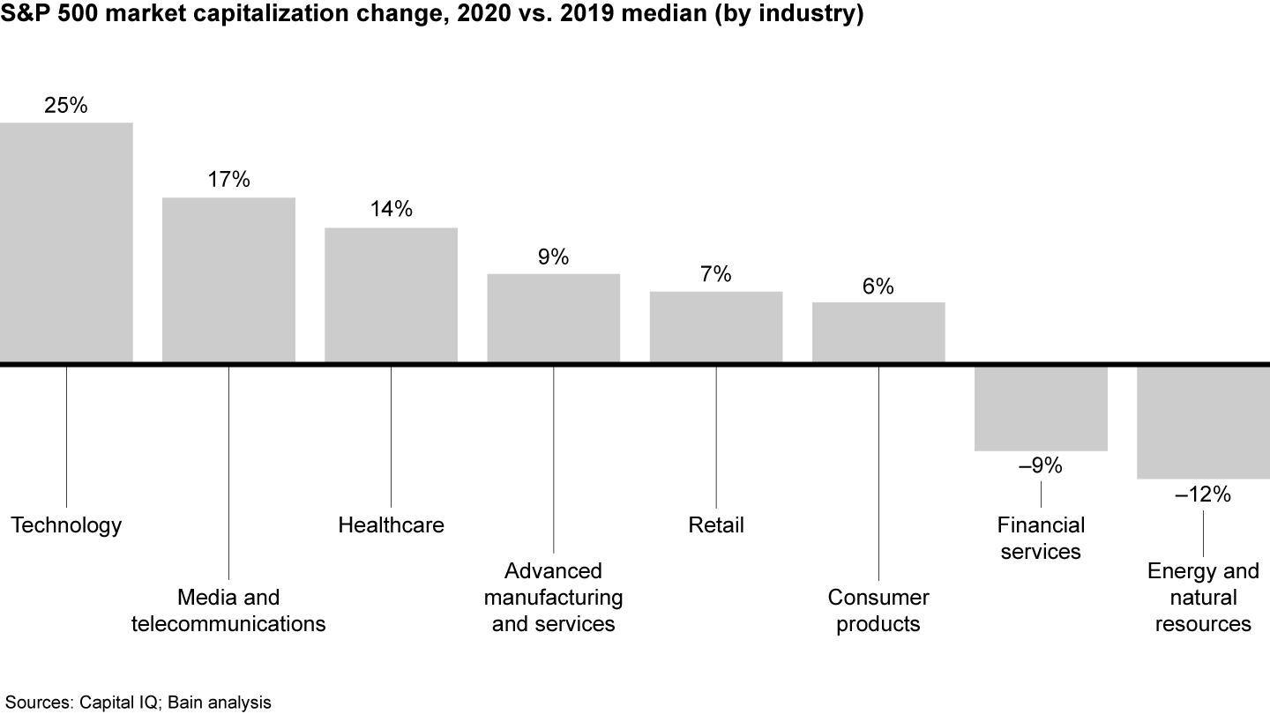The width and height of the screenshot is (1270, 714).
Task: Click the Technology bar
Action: point(66,242)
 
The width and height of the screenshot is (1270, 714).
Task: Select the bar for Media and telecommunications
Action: point(228,279)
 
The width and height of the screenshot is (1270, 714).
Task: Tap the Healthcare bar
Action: point(391,295)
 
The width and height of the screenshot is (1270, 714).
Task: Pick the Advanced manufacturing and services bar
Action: point(553,318)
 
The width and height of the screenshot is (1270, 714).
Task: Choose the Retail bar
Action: point(715,327)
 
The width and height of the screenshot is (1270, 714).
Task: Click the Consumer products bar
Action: point(878,332)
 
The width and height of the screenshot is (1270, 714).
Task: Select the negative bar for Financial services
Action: point(1041,408)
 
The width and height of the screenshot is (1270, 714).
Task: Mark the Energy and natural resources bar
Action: point(1203,422)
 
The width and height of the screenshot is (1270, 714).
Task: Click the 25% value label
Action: point(66,105)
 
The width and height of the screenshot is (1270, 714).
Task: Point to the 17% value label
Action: point(228,180)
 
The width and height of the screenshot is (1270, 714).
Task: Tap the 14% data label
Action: point(391,210)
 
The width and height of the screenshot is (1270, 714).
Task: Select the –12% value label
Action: point(1203,495)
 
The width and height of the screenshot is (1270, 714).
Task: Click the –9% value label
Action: point(1041,466)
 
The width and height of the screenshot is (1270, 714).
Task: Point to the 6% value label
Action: point(878,286)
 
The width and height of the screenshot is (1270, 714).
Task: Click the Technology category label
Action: point(66,525)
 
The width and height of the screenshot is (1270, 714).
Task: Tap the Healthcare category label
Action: point(391,525)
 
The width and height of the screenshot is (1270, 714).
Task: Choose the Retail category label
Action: point(715,525)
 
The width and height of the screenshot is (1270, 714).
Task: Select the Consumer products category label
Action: point(878,611)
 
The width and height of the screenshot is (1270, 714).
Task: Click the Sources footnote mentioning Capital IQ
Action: point(136,702)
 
